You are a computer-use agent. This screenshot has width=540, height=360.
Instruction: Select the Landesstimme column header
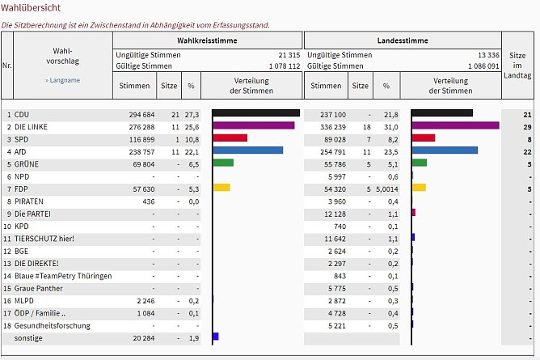pyautogui.click(x=402, y=40)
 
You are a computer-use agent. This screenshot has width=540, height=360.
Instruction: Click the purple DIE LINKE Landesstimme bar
pyautogui.click(x=455, y=125)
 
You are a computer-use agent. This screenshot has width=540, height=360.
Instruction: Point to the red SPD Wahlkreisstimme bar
pyautogui.click(x=230, y=138)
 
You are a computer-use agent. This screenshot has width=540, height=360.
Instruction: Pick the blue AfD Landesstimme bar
pyautogui.click(x=445, y=150)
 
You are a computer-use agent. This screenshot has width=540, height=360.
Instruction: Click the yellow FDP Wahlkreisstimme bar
pyautogui.click(x=221, y=188)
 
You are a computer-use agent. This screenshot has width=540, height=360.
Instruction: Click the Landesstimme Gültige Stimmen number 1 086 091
pyautogui.click(x=472, y=66)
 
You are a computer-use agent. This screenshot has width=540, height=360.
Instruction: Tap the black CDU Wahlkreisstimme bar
pyautogui.click(x=255, y=113)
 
